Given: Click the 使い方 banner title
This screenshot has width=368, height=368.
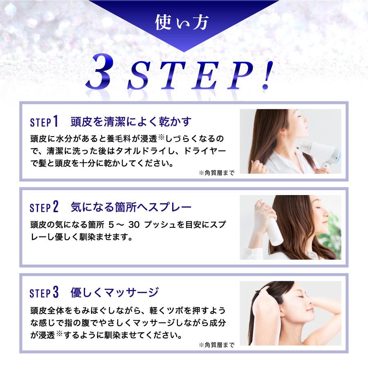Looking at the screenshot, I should [183, 23].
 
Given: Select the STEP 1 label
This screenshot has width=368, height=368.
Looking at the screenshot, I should [45, 122].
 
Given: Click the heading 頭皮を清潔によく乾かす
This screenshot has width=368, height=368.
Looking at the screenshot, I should [131, 122].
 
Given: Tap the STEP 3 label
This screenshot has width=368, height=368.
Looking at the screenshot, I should [45, 293].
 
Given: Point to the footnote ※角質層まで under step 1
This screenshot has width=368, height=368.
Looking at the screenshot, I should [216, 173].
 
